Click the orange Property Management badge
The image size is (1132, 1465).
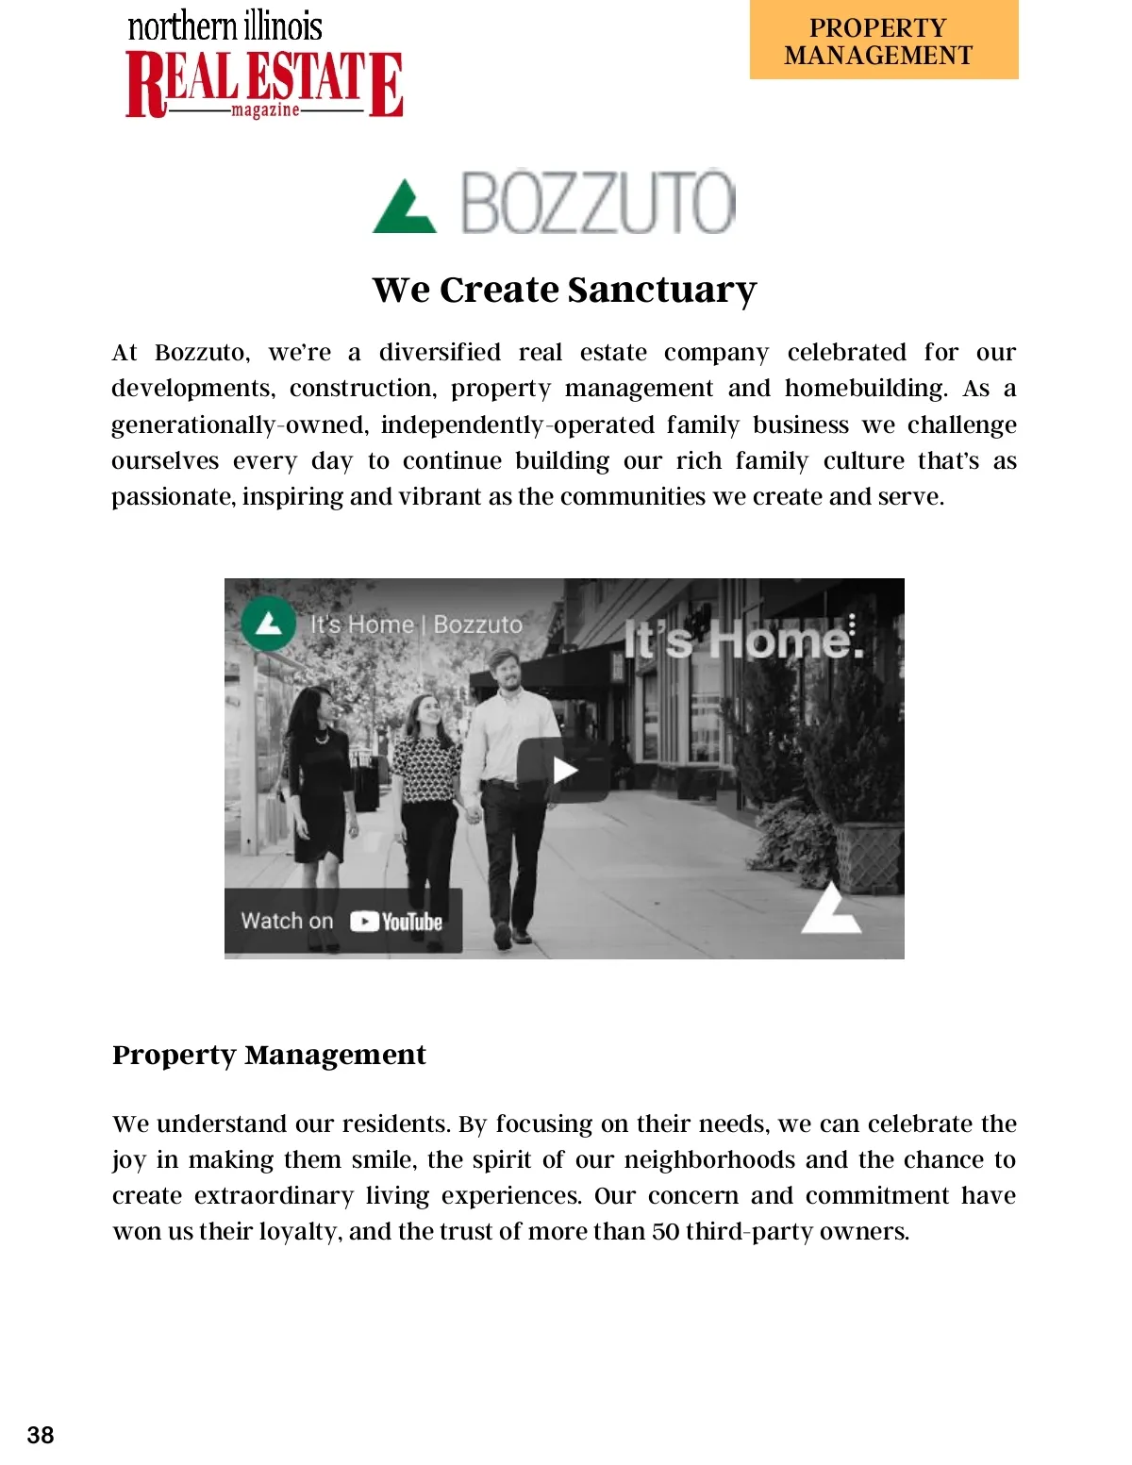[x=884, y=41]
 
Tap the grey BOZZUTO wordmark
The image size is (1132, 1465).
[x=597, y=203]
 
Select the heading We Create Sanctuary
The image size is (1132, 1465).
[x=564, y=290]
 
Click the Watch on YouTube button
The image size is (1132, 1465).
[x=342, y=921]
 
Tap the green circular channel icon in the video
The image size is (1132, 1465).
[x=269, y=624]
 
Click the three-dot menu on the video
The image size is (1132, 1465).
[x=852, y=624]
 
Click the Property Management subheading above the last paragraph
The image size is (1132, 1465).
[x=269, y=1055]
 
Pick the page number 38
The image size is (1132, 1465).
[x=41, y=1435]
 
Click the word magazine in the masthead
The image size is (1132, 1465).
[x=265, y=110]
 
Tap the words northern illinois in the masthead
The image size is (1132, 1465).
[x=225, y=26]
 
